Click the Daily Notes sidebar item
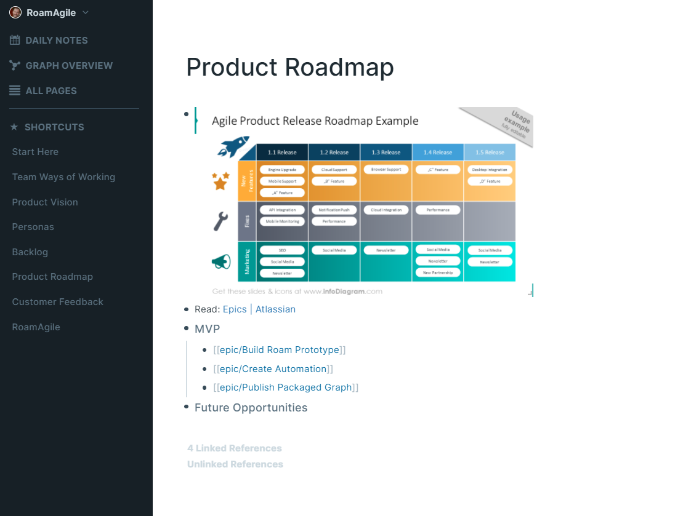pos(56,41)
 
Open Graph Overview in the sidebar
pos(68,66)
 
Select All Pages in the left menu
pos(51,91)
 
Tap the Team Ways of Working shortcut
pos(63,177)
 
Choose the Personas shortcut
pos(33,227)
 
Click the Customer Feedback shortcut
pos(58,302)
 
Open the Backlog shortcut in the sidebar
pos(30,252)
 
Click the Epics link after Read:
pos(235,309)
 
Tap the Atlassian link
pos(275,309)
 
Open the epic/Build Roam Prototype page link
pos(279,350)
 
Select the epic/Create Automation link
pos(273,369)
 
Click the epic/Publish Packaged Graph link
pos(286,387)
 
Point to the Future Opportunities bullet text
pos(251,408)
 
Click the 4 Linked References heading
pos(235,448)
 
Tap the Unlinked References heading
pos(235,464)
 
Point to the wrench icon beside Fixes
pos(221,221)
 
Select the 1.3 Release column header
pos(386,153)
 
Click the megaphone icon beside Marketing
pos(221,261)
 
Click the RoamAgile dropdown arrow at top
pos(86,12)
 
